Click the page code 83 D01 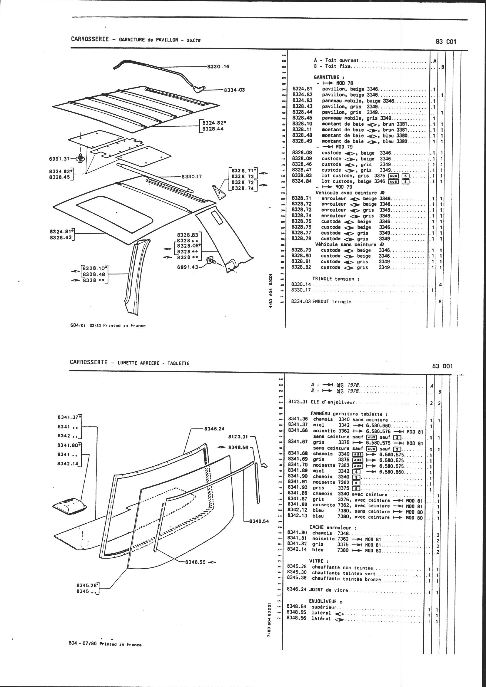click(442, 366)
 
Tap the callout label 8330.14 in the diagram click(218, 66)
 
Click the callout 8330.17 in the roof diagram click(192, 177)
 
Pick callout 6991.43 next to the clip click(188, 267)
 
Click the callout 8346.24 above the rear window click(214, 428)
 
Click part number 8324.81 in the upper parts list click(302, 89)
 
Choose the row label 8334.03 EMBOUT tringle click(321, 301)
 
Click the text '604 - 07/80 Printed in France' click(105, 644)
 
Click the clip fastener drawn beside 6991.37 click(81, 157)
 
